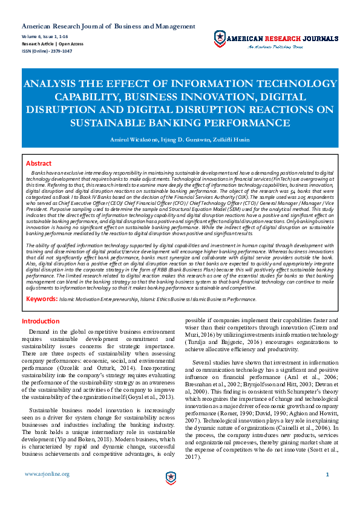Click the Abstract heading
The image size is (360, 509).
(x=39, y=163)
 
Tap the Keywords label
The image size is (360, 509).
(x=42, y=299)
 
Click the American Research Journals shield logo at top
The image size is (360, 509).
(x=220, y=39)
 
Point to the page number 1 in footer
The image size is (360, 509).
(x=327, y=475)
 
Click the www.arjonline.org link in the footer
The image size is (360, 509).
(x=47, y=474)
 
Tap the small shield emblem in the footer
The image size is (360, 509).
(x=171, y=478)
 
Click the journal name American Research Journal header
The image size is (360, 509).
(x=108, y=27)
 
